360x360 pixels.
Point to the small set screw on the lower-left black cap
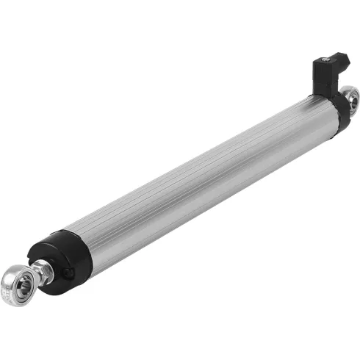pos(68,273)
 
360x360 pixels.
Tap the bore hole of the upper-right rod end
pos(351,96)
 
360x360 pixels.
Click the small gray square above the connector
pos(337,50)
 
